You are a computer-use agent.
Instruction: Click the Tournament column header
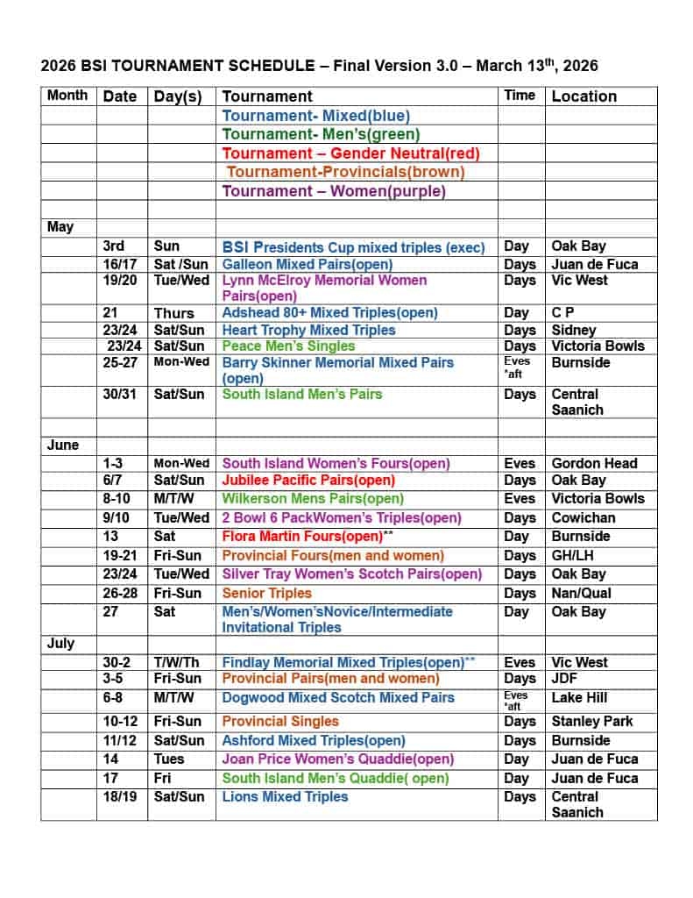coord(267,96)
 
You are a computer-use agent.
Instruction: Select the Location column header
coord(583,96)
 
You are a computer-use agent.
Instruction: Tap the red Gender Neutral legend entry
coord(350,153)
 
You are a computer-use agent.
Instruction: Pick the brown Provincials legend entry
coord(345,172)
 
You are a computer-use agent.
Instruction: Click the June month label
coord(63,445)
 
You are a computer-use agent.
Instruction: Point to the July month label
coord(61,643)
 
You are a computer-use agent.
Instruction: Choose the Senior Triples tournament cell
coord(266,593)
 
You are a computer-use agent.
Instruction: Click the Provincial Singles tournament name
coord(280,721)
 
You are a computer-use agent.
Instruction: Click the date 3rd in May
coord(114,246)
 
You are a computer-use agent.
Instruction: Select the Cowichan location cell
coord(583,517)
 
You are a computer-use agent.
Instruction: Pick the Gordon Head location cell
coord(594,463)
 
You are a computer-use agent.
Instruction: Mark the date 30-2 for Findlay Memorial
coord(117,662)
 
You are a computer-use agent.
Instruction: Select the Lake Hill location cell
coord(579,697)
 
